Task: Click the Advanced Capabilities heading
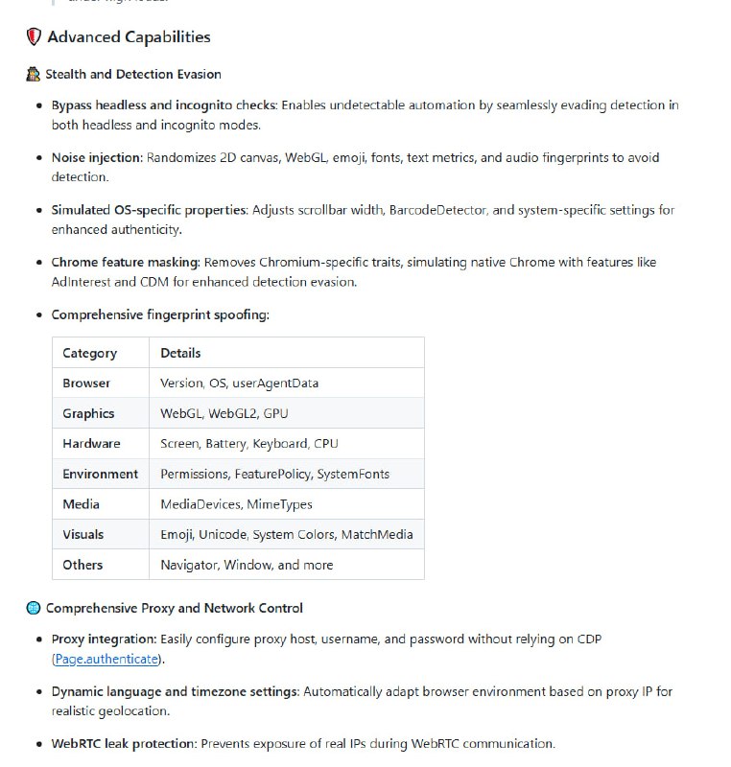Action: tap(129, 37)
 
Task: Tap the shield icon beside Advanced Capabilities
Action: tap(34, 37)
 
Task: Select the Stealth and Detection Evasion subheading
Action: tap(133, 74)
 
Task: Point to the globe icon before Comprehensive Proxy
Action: tap(34, 608)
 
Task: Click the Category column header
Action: tap(89, 353)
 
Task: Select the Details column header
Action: tap(180, 353)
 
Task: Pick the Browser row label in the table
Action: tap(86, 383)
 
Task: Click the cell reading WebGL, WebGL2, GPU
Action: tap(224, 413)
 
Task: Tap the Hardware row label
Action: tap(91, 443)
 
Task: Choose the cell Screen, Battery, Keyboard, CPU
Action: tap(248, 443)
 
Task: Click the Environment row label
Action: tap(100, 474)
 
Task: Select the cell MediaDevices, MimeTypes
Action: tap(236, 503)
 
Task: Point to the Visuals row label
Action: tap(83, 534)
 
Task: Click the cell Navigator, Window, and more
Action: tap(247, 565)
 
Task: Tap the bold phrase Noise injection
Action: tap(97, 157)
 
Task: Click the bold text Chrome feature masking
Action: tap(125, 262)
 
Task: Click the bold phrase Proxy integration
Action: tap(104, 639)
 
